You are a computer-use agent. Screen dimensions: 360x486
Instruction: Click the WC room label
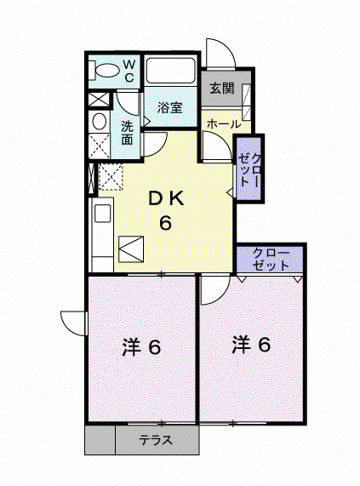point(129,71)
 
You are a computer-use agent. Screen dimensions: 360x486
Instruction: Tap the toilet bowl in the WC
point(107,70)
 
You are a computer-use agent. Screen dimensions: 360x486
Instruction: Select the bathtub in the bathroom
point(170,71)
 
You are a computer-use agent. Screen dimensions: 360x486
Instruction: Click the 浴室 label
point(169,107)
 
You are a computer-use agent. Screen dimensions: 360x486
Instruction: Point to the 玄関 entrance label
point(222,89)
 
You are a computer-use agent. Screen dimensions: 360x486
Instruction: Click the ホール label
point(224,124)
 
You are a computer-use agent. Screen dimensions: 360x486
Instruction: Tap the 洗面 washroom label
point(127,133)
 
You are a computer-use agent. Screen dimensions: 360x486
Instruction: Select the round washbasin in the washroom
point(99,121)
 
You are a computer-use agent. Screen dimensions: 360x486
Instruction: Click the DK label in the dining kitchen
point(166,198)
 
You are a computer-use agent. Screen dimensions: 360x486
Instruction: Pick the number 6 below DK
point(165,222)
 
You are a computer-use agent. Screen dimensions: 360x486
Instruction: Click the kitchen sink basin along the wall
point(103,214)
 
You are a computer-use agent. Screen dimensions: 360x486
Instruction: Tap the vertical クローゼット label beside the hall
point(249,169)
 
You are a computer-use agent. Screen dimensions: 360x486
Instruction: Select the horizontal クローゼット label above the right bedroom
point(271,259)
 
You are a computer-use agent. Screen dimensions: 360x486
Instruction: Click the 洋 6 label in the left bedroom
point(141,347)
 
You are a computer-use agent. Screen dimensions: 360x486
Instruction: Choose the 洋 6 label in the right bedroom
point(251,345)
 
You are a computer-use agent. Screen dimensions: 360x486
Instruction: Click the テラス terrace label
point(156,440)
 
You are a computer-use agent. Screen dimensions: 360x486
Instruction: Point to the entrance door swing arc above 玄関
point(227,46)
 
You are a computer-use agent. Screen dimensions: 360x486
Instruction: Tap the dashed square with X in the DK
point(111,177)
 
